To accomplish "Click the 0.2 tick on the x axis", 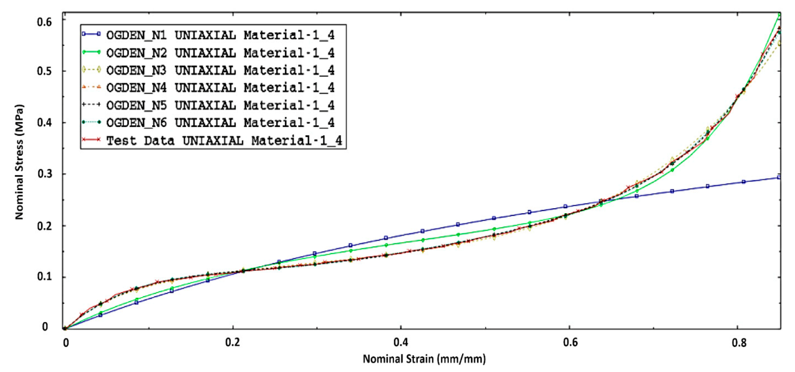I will tap(233, 342).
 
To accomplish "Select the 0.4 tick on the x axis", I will tap(400, 342).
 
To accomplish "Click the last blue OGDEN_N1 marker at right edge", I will tap(779, 178).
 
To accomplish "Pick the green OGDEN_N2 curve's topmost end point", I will tap(779, 14).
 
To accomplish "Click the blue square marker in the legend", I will tap(92, 32).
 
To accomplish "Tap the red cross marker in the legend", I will tap(92, 141).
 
